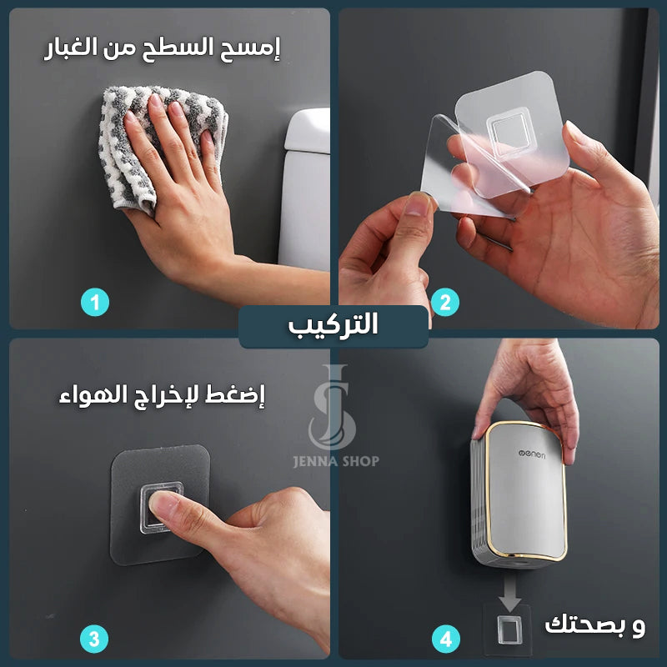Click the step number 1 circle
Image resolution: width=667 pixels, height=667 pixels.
pos(95,303)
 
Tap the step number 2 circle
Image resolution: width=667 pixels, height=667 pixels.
pos(445,303)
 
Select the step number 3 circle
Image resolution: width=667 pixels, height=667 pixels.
pos(94,639)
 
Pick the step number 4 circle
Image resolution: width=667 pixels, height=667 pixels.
pos(446,639)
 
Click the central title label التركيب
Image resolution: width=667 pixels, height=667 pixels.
pos(333,325)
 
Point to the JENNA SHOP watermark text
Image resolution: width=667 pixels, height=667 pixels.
pos(336,461)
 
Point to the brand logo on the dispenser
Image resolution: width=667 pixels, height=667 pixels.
pos(532,454)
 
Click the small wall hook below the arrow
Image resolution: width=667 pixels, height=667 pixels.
pos(508,629)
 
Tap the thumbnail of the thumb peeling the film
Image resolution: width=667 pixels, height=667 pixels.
pos(418,204)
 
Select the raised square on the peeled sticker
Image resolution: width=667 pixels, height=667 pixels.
pos(509,132)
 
